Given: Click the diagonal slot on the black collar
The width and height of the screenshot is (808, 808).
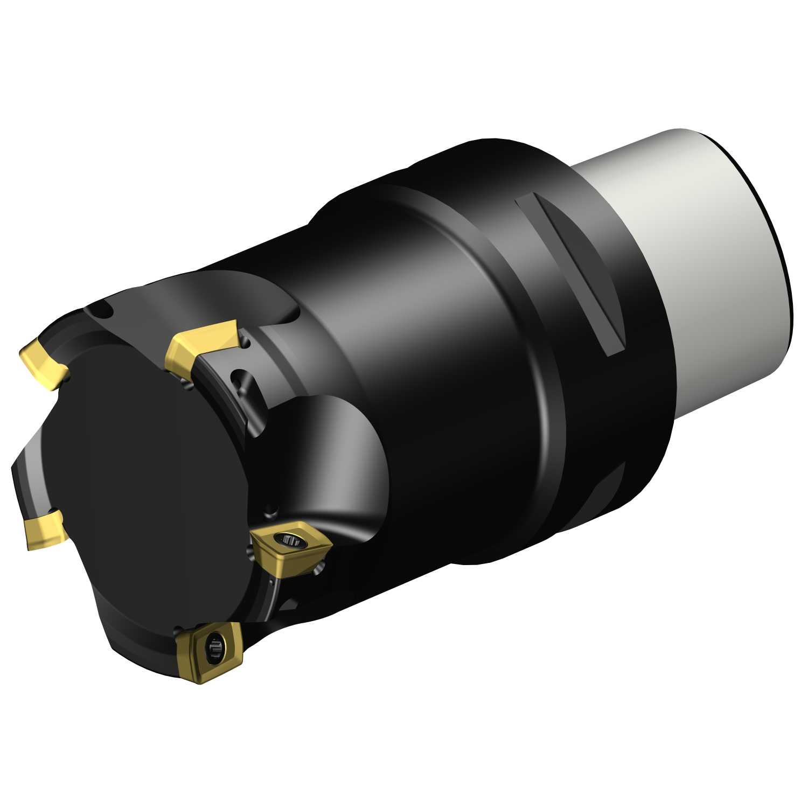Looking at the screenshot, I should (x=571, y=275).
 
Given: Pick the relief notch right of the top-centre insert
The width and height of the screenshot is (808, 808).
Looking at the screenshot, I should (x=246, y=342).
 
